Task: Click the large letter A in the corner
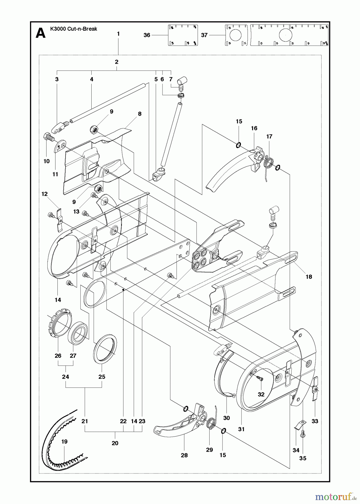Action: pos(41,34)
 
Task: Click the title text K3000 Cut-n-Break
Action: pos(74,29)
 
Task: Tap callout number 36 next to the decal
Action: pos(147,35)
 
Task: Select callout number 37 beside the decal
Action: pos(204,35)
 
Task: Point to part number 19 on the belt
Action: pos(64,442)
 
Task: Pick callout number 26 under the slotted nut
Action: pos(58,356)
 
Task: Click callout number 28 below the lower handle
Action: pos(184,455)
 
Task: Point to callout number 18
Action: pos(309,277)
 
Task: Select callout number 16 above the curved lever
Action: pos(254,128)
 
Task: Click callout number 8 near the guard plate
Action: pos(140,114)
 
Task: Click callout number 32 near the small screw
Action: pos(261,394)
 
